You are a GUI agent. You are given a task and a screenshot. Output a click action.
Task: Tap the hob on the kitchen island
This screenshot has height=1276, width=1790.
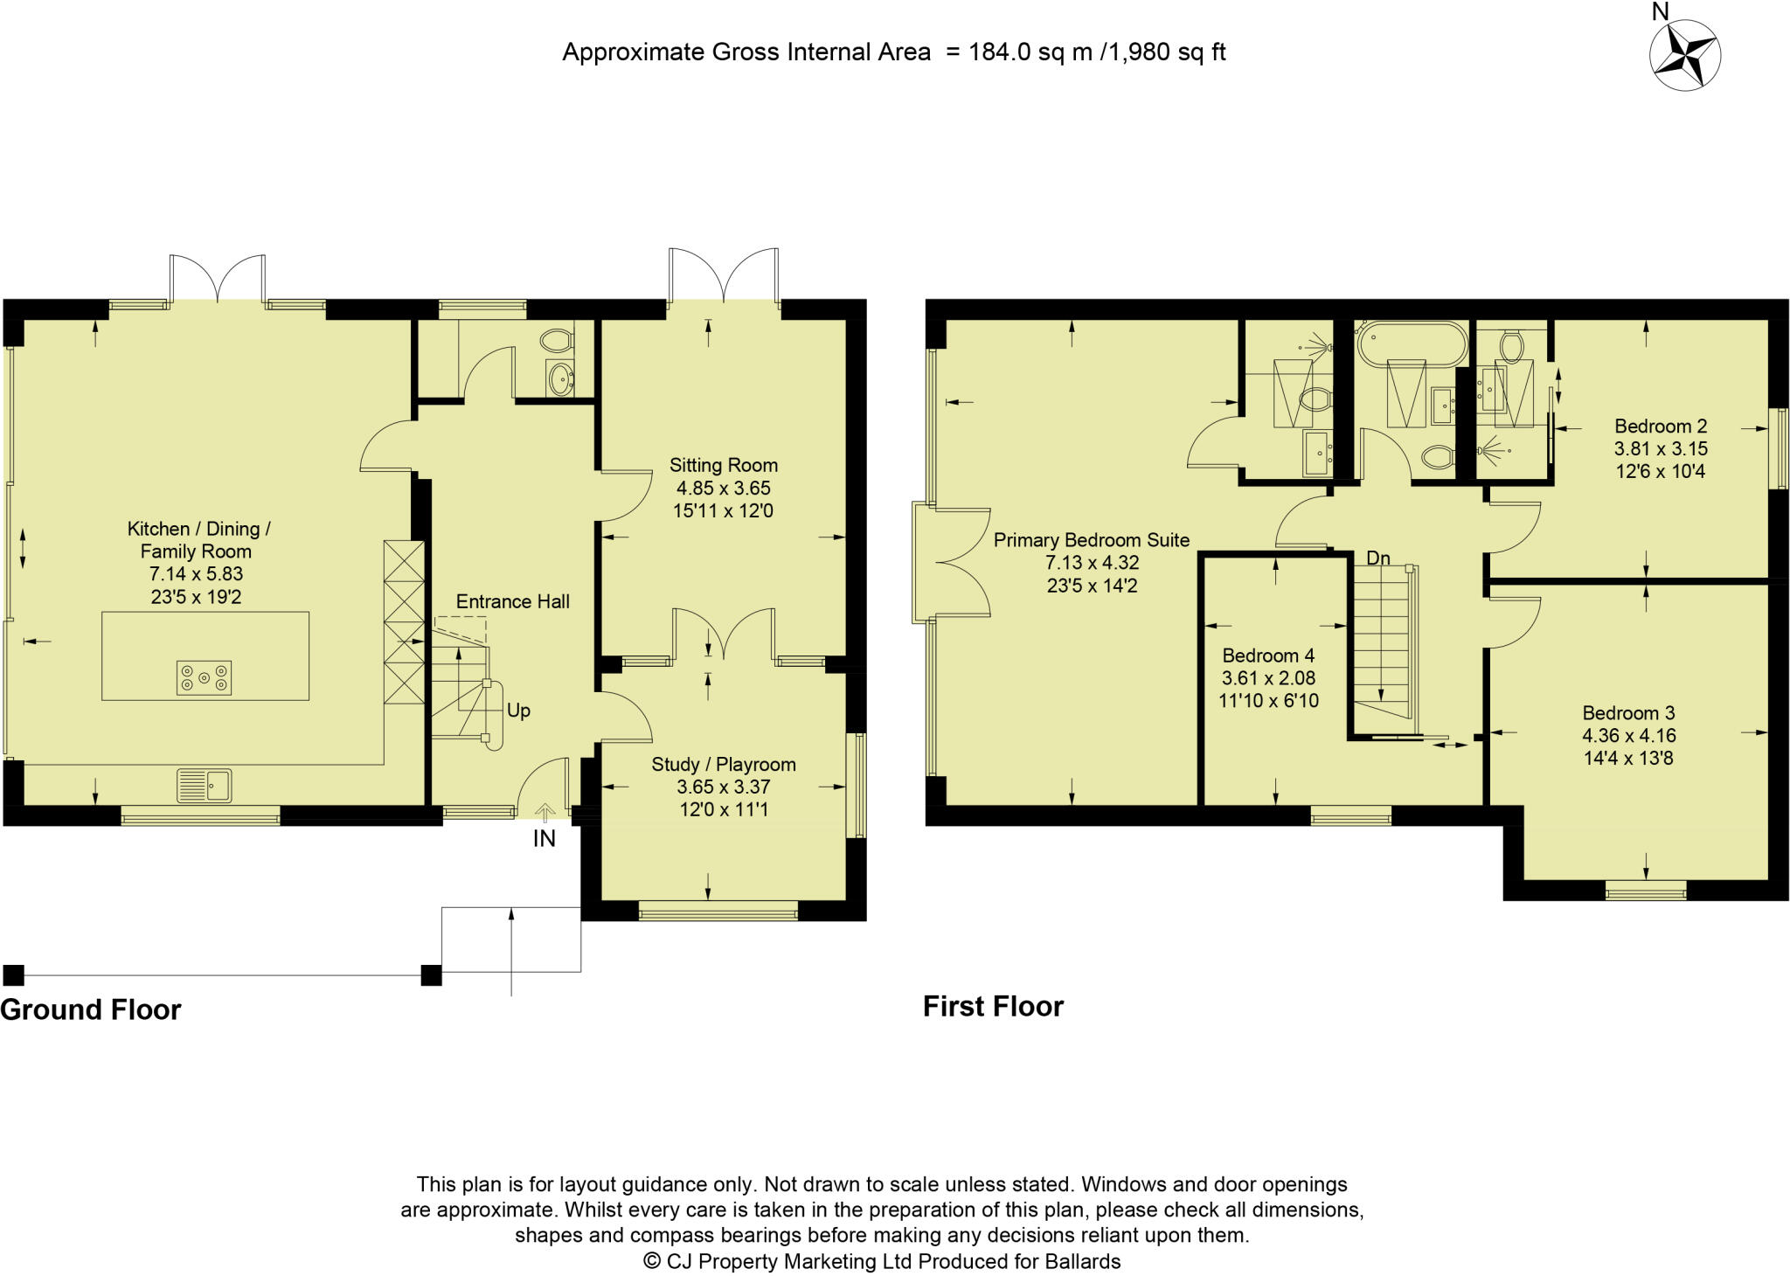click(x=204, y=677)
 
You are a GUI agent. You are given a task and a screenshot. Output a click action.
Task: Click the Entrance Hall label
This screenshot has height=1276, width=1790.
click(x=512, y=601)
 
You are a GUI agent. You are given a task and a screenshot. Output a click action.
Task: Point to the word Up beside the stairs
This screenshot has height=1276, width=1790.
click(x=518, y=711)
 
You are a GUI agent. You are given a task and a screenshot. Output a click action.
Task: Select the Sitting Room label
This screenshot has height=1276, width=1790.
click(x=724, y=465)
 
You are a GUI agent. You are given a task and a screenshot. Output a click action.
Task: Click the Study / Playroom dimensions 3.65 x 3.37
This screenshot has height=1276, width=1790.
click(x=724, y=787)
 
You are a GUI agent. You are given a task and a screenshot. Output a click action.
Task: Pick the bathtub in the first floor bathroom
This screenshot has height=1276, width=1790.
click(x=1411, y=343)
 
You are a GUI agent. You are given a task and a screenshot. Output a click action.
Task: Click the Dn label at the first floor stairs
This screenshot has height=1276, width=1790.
click(x=1378, y=558)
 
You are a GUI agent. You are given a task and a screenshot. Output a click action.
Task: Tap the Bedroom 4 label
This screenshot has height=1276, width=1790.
click(x=1268, y=655)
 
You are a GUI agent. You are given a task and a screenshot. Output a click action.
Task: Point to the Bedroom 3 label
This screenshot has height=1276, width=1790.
click(x=1628, y=713)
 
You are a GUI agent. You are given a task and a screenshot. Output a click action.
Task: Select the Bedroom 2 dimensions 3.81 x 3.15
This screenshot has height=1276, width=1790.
click(x=1661, y=449)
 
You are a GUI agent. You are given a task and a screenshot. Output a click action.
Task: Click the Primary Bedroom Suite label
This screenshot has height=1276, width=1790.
click(x=1092, y=540)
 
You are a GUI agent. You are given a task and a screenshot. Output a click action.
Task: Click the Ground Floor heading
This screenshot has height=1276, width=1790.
click(x=91, y=1009)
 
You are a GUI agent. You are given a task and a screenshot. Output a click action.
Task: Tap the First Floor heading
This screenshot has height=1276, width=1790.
click(x=994, y=1006)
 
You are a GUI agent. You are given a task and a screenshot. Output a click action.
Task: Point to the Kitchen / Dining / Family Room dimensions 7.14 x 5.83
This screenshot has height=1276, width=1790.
click(x=196, y=574)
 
